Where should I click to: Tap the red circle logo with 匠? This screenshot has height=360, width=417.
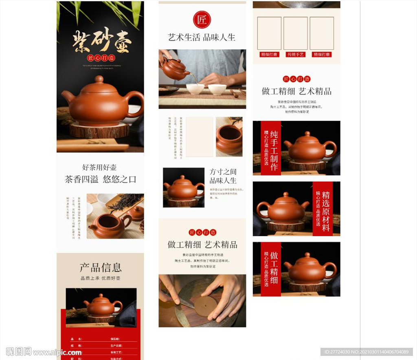(x=202, y=20)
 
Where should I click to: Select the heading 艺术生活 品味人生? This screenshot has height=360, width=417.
(x=202, y=37)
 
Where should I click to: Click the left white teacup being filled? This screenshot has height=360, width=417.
(x=195, y=89)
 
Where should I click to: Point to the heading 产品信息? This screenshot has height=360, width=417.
(x=101, y=268)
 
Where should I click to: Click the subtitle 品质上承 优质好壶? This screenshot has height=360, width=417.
(x=101, y=278)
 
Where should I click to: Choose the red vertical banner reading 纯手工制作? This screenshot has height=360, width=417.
(x=271, y=148)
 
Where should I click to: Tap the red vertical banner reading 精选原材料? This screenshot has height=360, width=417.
(x=323, y=209)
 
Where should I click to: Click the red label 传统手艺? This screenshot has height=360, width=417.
(x=296, y=55)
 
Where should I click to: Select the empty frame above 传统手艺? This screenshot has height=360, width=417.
(x=296, y=33)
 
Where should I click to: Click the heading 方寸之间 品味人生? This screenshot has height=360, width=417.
(x=223, y=176)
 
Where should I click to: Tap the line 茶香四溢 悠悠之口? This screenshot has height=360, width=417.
(x=101, y=179)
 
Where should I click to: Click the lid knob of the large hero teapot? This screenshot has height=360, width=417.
(x=99, y=79)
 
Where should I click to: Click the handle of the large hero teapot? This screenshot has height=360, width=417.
(x=136, y=103)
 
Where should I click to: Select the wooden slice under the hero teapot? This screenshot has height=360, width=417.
(x=99, y=131)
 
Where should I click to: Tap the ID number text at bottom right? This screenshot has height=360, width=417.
(x=366, y=352)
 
